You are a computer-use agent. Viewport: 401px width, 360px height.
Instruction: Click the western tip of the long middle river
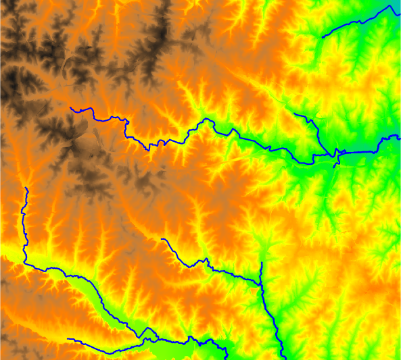[x=71, y=107]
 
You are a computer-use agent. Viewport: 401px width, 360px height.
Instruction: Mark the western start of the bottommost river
[x=68, y=339]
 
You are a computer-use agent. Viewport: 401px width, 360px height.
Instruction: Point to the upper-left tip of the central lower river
[x=161, y=239]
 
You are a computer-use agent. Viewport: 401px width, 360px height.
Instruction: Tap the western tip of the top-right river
[x=322, y=36]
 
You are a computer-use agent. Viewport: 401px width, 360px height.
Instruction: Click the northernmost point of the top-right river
[x=391, y=5]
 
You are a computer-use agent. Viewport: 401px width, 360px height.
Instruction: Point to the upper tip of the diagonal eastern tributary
[x=296, y=112]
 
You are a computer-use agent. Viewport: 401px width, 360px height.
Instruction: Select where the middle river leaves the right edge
[x=400, y=136]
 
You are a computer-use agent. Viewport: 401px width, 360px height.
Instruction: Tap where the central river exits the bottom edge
[x=285, y=359]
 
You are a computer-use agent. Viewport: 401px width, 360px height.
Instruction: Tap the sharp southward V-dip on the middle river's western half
[x=148, y=149]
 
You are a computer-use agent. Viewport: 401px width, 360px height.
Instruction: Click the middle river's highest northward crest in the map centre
[x=207, y=120]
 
